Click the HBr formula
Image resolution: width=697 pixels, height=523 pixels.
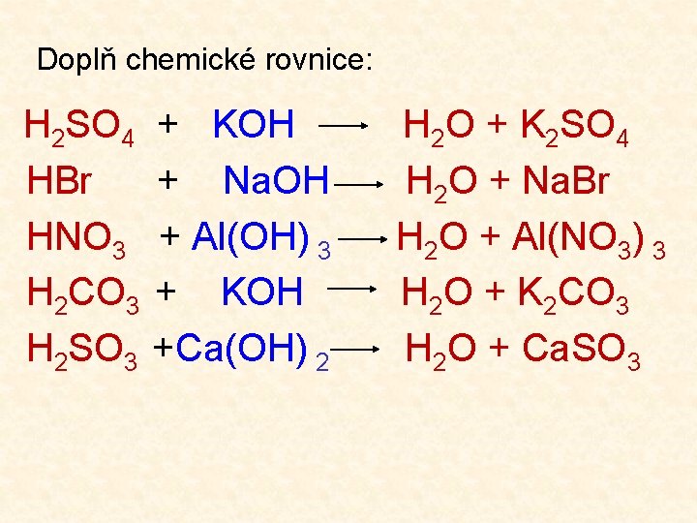pyautogui.click(x=58, y=180)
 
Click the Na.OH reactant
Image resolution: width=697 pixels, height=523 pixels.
pyautogui.click(x=277, y=180)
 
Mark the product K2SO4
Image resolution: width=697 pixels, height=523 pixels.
pyautogui.click(x=575, y=127)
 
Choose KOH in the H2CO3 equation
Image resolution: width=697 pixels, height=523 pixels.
pyautogui.click(x=262, y=292)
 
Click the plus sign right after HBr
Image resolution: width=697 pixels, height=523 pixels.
pyautogui.click(x=167, y=180)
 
